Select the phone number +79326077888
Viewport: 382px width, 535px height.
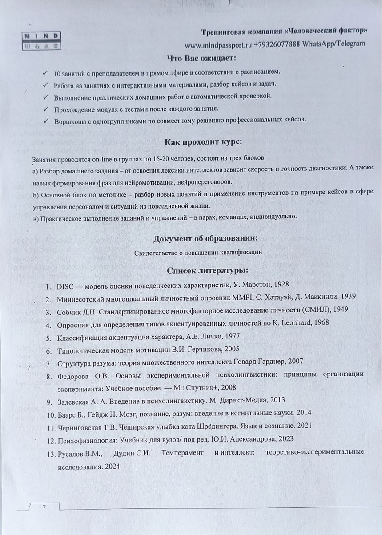(277, 44)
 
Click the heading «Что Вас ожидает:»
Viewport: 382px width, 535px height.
(201, 58)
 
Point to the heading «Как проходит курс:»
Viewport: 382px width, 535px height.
(203, 142)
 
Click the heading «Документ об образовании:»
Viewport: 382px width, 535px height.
(205, 239)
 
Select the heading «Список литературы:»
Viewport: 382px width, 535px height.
(207, 270)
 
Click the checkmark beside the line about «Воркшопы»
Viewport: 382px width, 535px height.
(45, 120)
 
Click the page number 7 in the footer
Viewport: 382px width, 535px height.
(44, 507)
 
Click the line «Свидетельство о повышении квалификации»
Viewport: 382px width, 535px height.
(198, 253)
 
